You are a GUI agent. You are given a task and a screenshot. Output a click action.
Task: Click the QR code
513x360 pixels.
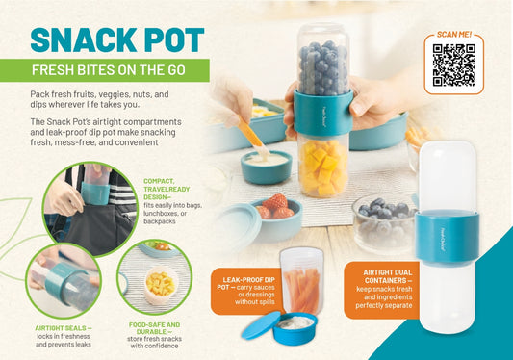click(x=453, y=65)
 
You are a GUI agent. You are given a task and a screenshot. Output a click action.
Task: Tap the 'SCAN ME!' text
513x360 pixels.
click(x=454, y=35)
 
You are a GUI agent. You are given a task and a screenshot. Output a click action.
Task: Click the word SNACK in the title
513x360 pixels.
click(x=84, y=39)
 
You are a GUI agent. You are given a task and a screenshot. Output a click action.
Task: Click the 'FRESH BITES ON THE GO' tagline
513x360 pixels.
click(x=109, y=70)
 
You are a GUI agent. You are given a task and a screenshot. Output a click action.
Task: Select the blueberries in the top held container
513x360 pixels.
click(x=323, y=67)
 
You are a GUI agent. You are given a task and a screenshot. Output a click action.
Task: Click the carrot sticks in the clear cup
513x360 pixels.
click(x=301, y=290)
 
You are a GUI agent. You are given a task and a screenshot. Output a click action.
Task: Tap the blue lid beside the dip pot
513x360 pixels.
click(x=261, y=325)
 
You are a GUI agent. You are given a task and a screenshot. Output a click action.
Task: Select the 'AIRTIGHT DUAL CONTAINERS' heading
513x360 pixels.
click(x=388, y=276)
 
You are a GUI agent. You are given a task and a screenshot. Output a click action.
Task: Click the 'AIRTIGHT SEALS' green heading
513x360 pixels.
click(x=64, y=328)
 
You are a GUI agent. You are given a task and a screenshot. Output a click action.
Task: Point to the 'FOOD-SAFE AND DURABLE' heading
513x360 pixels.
click(x=154, y=328)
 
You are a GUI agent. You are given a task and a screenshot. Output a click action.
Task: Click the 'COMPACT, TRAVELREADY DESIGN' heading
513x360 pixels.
click(x=167, y=190)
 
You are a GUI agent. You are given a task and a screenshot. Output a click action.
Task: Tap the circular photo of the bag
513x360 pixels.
click(x=90, y=208)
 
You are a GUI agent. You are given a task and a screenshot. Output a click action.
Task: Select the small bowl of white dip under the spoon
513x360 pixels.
click(x=266, y=167)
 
